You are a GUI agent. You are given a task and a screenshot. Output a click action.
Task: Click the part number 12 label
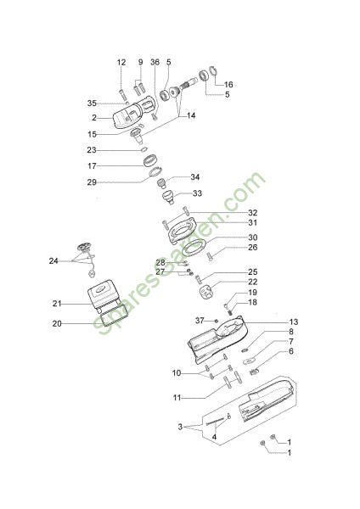(121, 62)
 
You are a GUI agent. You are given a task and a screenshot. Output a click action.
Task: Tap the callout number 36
(155, 62)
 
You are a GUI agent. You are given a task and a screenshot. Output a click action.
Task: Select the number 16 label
(228, 84)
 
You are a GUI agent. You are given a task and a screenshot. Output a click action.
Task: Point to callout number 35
(92, 103)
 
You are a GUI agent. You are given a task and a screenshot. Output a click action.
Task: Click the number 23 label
(92, 150)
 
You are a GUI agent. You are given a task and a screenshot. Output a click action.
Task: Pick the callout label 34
(195, 177)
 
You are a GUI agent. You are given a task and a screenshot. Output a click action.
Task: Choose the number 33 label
(197, 193)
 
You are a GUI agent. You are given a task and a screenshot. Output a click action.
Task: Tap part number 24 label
(53, 261)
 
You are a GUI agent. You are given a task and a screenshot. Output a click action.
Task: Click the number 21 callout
(57, 304)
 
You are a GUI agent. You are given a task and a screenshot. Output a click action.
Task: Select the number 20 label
(57, 324)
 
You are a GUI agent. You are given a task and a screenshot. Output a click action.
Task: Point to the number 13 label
(294, 322)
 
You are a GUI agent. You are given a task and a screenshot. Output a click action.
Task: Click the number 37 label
(200, 321)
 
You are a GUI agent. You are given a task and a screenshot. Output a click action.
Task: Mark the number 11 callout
(177, 398)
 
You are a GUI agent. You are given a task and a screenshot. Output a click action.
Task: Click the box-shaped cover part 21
(104, 294)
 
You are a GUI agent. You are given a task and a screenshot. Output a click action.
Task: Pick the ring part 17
(151, 160)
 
